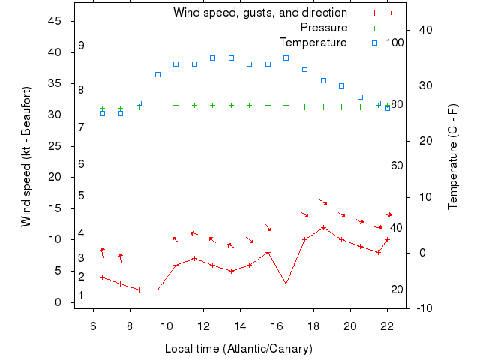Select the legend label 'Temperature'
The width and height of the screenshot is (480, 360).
click(313, 43)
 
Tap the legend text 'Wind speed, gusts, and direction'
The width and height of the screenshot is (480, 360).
click(260, 13)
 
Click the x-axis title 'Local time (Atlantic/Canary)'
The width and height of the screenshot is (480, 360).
click(238, 349)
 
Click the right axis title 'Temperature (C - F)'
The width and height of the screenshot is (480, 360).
click(453, 157)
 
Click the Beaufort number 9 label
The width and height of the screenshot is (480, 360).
click(81, 46)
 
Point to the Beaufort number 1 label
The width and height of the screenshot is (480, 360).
click(81, 296)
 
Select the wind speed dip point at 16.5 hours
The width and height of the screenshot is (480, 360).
click(286, 283)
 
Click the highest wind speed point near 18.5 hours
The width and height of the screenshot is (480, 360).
click(323, 227)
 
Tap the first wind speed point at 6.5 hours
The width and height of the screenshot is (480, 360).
click(103, 277)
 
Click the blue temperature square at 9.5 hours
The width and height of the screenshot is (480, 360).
click(157, 74)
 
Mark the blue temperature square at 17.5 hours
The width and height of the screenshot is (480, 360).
click(304, 69)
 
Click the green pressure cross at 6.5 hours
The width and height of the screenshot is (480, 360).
click(103, 109)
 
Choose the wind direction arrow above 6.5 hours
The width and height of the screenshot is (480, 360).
click(102, 252)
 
